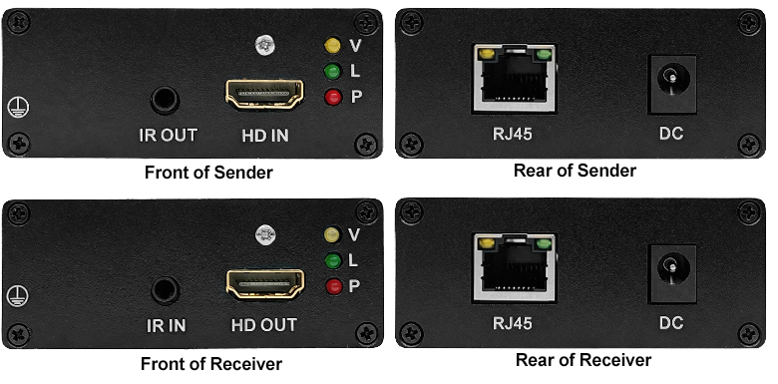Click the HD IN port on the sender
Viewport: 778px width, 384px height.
(x=264, y=94)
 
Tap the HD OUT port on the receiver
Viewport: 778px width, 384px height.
(x=265, y=283)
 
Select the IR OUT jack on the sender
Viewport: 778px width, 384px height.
(x=165, y=100)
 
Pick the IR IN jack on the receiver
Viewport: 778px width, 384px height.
(x=166, y=290)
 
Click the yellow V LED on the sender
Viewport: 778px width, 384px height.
(x=332, y=45)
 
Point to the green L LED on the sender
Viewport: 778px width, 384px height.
(x=332, y=72)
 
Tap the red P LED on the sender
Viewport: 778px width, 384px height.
(x=333, y=97)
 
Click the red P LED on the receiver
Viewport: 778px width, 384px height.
(x=334, y=286)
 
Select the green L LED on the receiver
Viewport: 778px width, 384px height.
(x=333, y=260)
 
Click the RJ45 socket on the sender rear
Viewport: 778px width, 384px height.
(x=514, y=79)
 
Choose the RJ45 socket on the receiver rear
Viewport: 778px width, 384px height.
(x=515, y=268)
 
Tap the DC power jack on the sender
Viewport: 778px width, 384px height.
(x=673, y=84)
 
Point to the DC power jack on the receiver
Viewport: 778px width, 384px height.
(x=673, y=273)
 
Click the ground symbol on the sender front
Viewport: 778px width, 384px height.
(x=18, y=107)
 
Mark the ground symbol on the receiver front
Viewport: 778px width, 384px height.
(x=18, y=296)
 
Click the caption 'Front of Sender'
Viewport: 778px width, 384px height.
(x=208, y=173)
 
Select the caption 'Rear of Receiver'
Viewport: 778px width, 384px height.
(x=583, y=360)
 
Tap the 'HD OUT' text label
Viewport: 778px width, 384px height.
(x=264, y=325)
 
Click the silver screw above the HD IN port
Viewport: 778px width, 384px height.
(x=265, y=45)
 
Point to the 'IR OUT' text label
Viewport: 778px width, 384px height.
(x=168, y=135)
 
